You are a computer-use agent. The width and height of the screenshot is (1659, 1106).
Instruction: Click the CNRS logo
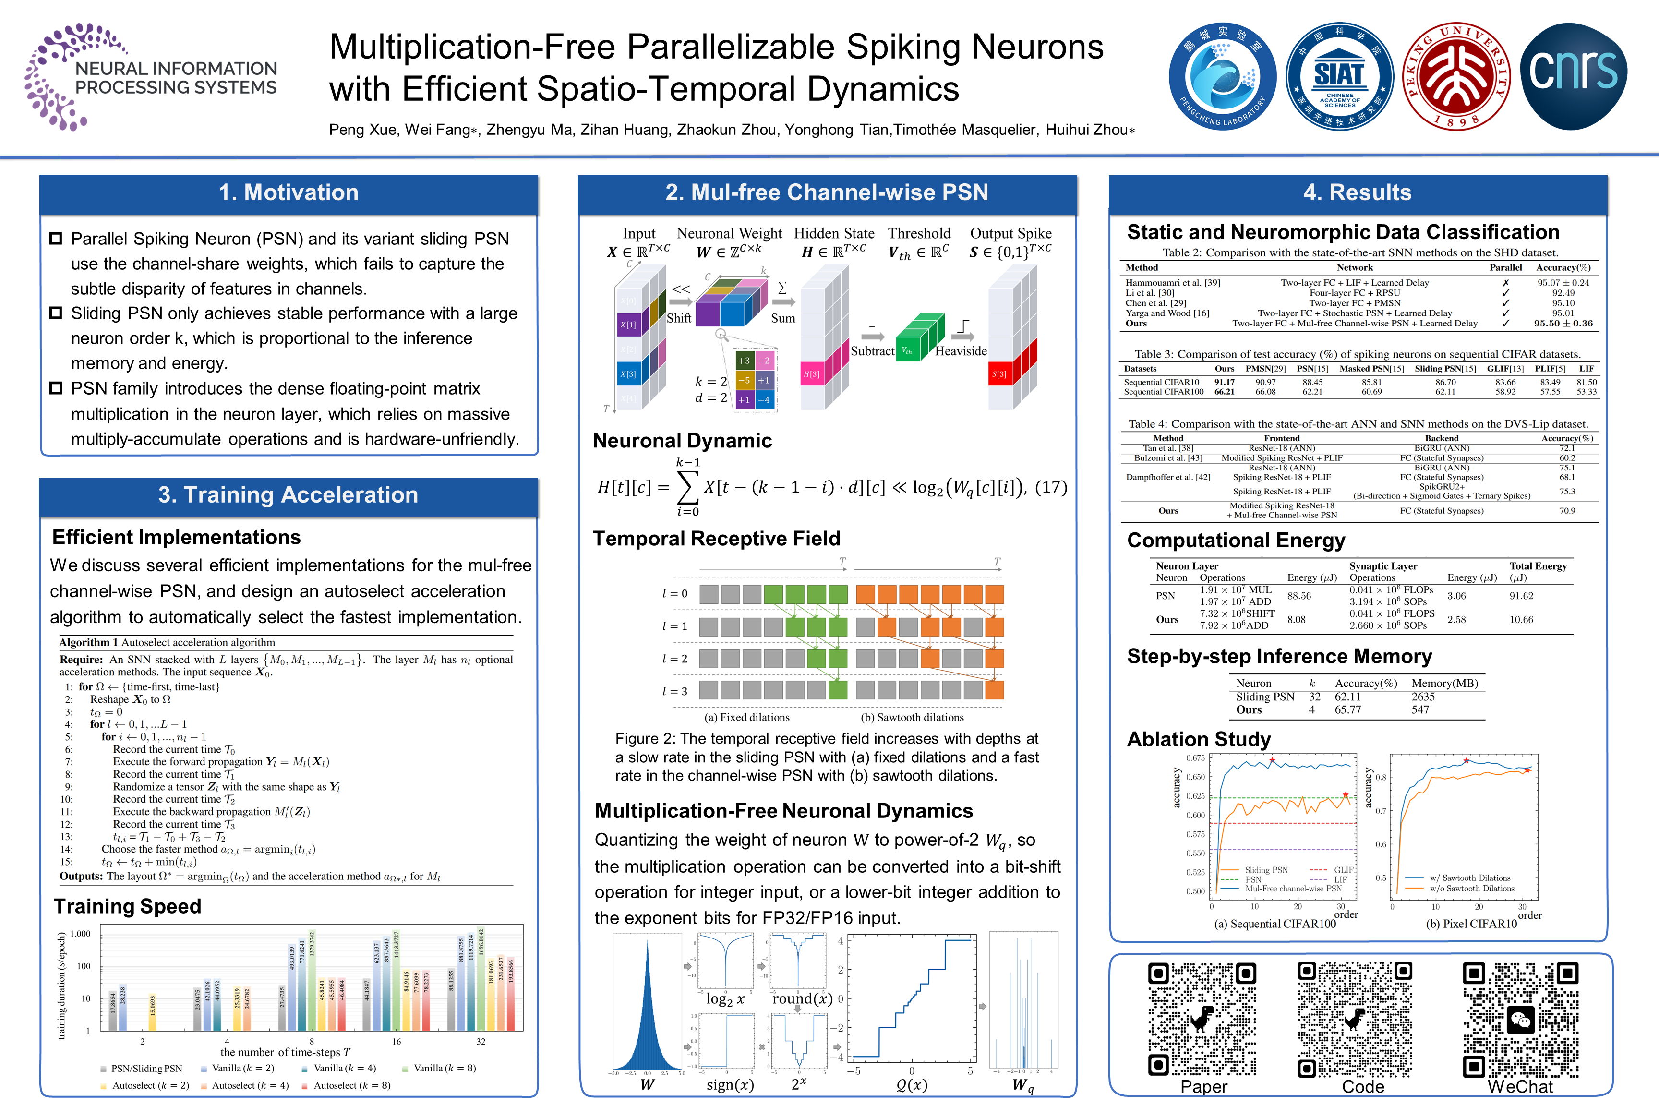tap(1573, 75)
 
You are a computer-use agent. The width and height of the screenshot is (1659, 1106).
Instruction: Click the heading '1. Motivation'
tap(289, 192)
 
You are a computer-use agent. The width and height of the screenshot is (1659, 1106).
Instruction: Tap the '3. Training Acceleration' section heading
tap(289, 494)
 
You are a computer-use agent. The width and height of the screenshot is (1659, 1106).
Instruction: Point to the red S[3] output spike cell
tap(999, 374)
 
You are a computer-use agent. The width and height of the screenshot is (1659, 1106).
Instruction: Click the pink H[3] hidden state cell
tap(812, 374)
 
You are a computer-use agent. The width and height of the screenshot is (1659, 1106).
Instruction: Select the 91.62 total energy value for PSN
tap(1521, 596)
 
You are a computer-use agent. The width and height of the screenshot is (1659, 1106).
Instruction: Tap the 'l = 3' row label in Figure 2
tap(674, 691)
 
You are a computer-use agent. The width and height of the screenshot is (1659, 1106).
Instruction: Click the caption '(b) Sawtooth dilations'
tap(912, 717)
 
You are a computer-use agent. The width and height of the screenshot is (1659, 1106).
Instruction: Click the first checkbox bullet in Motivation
tap(56, 239)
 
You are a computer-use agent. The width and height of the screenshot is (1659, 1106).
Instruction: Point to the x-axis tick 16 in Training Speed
tap(397, 1042)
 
